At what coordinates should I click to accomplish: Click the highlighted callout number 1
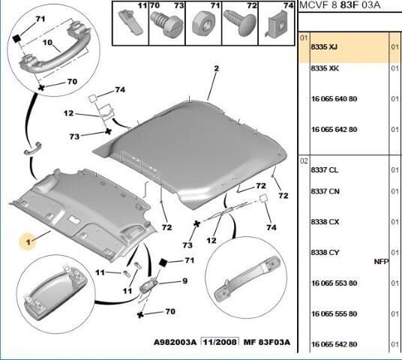(x=28, y=241)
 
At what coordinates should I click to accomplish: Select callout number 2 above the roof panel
(x=217, y=68)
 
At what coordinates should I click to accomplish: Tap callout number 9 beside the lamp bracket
(x=184, y=281)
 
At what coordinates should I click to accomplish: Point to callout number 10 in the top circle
(x=47, y=42)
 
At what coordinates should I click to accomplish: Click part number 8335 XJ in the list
(x=324, y=47)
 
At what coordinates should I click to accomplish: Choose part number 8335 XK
(x=325, y=68)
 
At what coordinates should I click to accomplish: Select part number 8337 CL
(x=325, y=170)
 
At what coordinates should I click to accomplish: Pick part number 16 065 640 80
(x=334, y=99)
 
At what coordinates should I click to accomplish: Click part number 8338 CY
(x=325, y=253)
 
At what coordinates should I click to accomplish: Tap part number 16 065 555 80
(x=334, y=313)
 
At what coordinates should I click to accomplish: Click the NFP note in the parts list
(x=382, y=262)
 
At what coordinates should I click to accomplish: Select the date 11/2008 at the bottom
(x=220, y=342)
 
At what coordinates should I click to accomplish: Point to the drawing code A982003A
(x=175, y=342)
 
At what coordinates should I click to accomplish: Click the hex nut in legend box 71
(x=203, y=24)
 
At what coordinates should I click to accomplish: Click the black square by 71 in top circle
(x=16, y=39)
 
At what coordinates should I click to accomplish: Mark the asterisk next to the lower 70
(x=140, y=314)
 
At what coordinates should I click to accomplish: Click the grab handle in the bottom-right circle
(x=247, y=278)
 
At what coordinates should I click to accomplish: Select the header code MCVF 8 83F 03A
(x=340, y=5)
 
